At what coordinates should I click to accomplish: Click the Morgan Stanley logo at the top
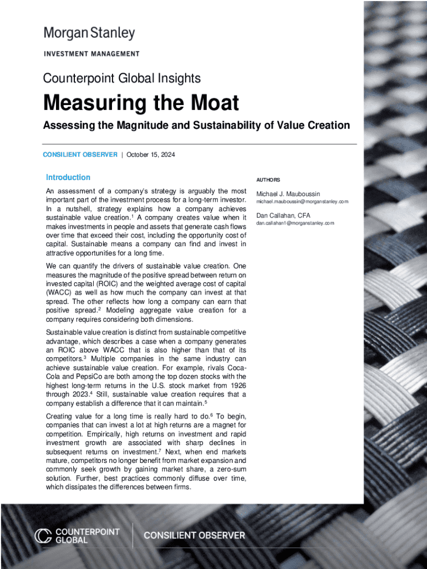pos(89,33)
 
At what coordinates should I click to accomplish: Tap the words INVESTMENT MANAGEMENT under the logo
pos(91,54)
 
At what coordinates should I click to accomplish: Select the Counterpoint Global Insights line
pos(122,78)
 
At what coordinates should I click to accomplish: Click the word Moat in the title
pos(211,103)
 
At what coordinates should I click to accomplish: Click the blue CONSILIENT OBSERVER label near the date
pos(80,154)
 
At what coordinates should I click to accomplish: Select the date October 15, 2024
pos(151,154)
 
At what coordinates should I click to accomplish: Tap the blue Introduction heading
pos(68,177)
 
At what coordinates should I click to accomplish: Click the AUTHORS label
pos(268,180)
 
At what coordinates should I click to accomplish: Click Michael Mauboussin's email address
pos(302,201)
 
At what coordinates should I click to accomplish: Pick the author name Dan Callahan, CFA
pos(283,216)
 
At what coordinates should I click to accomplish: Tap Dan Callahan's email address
pos(295,223)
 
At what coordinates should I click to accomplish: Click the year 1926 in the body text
pos(237,385)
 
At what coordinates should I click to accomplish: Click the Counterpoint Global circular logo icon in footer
pos(43,536)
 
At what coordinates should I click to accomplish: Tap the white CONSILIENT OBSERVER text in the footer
pos(194,536)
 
